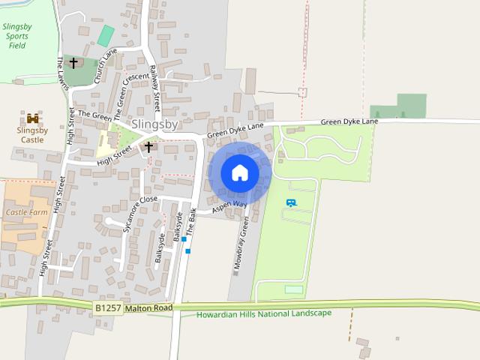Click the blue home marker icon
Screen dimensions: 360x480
pos(240,173)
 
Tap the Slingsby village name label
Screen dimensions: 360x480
pos(154,124)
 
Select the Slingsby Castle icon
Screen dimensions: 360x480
pos(32,118)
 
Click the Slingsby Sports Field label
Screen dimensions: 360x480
pos(17,35)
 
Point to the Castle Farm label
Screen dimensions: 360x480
pos(27,212)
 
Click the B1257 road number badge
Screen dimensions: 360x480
pos(108,308)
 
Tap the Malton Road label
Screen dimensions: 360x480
pos(149,308)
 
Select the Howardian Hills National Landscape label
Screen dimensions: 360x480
pos(263,313)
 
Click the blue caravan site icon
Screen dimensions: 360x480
pos(291,202)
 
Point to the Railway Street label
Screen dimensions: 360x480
pos(155,87)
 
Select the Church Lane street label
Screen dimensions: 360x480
pos(105,66)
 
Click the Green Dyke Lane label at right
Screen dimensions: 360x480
pos(349,121)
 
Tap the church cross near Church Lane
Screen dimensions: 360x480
pos(73,63)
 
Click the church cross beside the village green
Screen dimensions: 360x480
pos(148,147)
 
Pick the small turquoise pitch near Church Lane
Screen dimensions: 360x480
pos(106,35)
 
